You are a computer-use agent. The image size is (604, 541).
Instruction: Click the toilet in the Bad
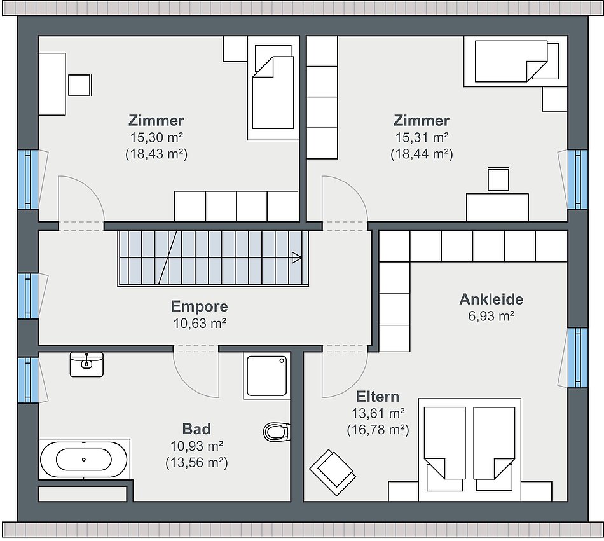click(x=277, y=432)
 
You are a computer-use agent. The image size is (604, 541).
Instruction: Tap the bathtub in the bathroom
click(x=83, y=460)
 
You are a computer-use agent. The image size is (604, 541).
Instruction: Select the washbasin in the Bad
click(x=86, y=364)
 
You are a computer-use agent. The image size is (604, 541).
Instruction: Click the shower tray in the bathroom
click(x=266, y=376)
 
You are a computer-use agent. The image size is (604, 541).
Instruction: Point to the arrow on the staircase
click(x=296, y=257)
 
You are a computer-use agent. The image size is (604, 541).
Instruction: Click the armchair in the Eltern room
click(x=332, y=472)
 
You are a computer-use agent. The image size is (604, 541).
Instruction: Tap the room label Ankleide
click(x=491, y=299)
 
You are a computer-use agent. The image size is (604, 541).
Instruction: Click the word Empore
click(x=200, y=306)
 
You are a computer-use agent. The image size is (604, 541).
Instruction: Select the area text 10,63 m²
click(x=200, y=323)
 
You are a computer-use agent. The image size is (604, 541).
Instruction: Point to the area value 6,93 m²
click(x=491, y=316)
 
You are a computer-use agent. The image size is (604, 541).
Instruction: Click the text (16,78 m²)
click(x=378, y=429)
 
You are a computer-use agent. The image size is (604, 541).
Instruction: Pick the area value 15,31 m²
click(x=422, y=137)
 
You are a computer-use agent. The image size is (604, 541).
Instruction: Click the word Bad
click(x=196, y=428)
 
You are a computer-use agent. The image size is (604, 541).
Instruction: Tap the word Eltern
click(x=378, y=396)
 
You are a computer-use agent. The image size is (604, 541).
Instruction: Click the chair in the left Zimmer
click(x=79, y=85)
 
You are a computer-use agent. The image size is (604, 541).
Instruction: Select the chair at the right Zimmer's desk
click(x=498, y=179)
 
